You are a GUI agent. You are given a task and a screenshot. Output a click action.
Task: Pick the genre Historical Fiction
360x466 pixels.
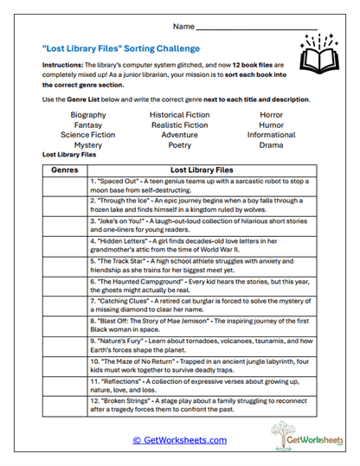tap(179, 114)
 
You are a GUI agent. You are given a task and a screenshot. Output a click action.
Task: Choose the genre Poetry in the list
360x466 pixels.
tap(179, 145)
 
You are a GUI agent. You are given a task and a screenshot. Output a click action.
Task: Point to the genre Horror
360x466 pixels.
tap(271, 114)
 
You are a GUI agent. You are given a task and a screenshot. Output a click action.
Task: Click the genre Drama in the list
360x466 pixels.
tap(271, 145)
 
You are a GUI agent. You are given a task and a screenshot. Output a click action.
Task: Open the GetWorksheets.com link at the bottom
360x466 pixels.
tap(179, 440)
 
